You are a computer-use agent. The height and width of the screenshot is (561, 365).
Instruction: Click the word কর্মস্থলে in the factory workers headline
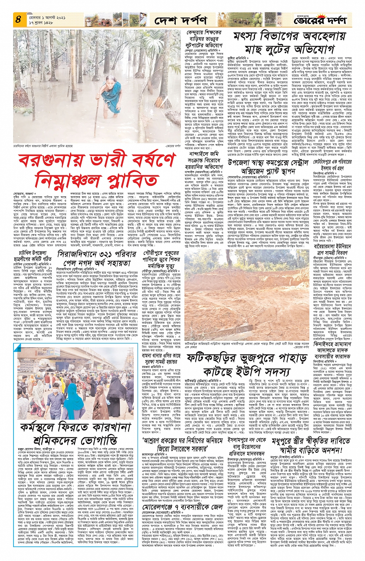coord(42,428)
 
